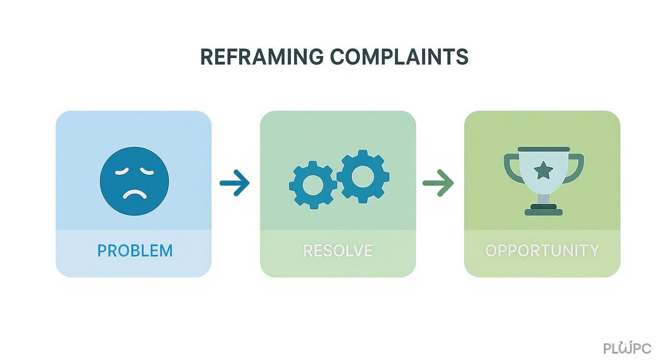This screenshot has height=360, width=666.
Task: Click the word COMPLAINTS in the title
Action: tap(399, 57)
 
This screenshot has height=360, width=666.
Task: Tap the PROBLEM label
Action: tap(135, 251)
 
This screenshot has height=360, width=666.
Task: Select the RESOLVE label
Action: tap(338, 251)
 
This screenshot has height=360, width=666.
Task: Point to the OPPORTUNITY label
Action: tap(542, 251)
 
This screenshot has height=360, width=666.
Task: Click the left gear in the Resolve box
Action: tap(312, 185)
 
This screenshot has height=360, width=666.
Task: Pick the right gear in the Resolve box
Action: tap(363, 175)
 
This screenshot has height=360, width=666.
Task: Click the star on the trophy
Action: tap(543, 170)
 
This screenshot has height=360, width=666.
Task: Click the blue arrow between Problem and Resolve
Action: tap(234, 183)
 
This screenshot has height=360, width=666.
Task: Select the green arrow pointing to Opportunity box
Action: tap(438, 183)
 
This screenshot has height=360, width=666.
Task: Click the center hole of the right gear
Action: tap(363, 175)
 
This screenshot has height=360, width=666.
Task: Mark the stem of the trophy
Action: tap(544, 198)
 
